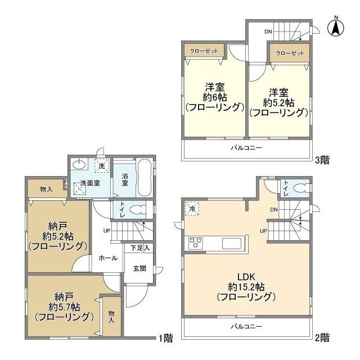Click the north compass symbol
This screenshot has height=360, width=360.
point(336,26)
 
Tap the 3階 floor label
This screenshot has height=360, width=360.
point(322,160)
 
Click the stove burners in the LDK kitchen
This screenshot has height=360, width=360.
point(195,244)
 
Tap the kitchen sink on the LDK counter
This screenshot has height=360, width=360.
point(232,244)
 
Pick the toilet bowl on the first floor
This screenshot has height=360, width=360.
point(137,210)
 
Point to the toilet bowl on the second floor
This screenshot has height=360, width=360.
point(301,188)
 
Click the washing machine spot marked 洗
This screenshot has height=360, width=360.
point(102,166)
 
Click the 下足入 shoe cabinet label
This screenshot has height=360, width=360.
point(140,247)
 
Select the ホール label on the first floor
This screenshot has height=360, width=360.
point(108,258)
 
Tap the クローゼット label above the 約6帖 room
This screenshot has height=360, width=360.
point(203,51)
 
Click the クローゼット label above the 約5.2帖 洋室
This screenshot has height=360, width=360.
point(289,53)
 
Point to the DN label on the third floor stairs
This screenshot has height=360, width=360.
point(268,31)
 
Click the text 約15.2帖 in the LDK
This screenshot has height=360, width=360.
point(248,286)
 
